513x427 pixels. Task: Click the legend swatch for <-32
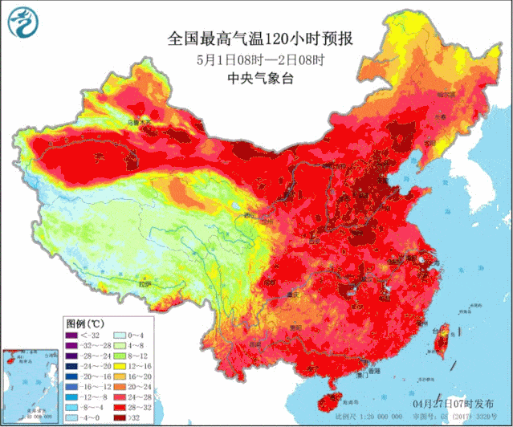(x=71, y=334)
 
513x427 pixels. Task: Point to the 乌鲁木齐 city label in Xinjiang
(x=141, y=122)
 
